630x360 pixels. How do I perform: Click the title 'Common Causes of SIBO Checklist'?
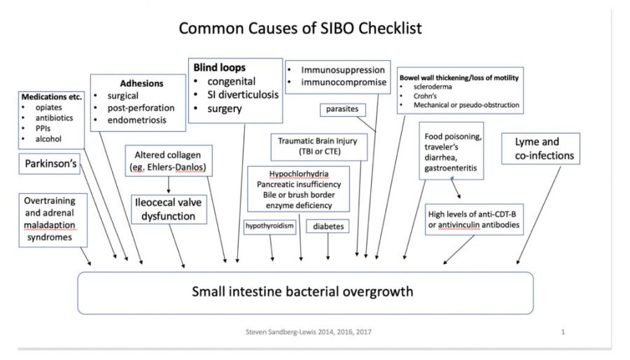tap(300, 29)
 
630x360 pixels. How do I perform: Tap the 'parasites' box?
tap(341, 109)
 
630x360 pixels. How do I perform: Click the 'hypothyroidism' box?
tap(269, 226)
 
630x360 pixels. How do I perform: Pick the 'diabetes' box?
tap(328, 227)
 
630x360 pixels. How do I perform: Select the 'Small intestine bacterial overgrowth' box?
tap(302, 291)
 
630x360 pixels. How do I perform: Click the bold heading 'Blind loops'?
tap(220, 69)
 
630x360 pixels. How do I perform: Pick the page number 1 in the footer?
tap(563, 331)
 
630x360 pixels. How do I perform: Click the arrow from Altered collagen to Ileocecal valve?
tap(168, 185)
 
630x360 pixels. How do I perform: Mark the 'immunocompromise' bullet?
tap(336, 83)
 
